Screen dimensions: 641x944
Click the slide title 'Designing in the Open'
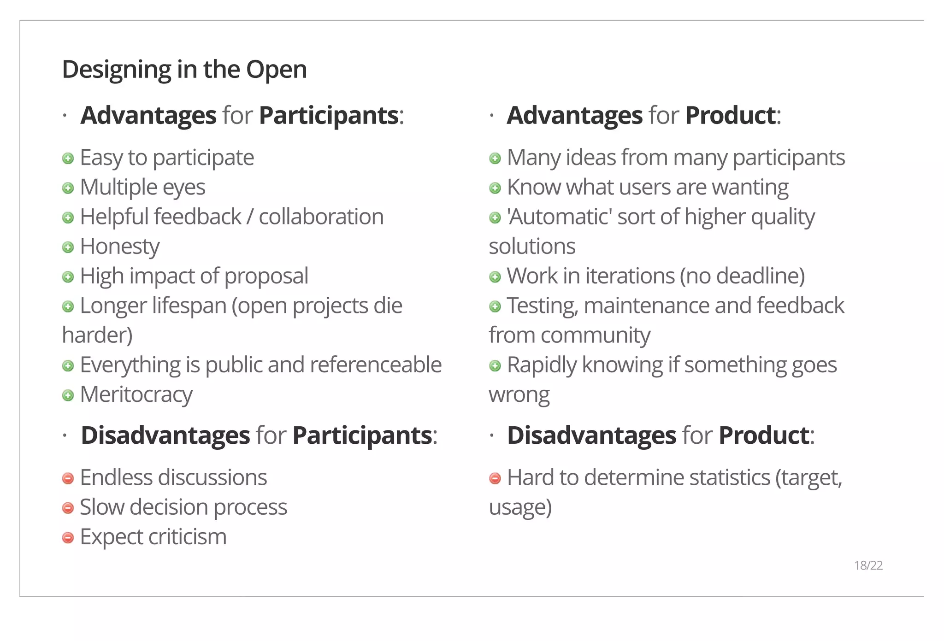pos(184,70)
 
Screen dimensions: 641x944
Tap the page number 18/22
pos(868,565)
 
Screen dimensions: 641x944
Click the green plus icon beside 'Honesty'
pos(68,247)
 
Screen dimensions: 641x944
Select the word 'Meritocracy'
pos(136,395)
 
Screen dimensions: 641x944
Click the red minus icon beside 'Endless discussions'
pos(68,479)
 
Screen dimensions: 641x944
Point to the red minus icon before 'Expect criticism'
pos(68,538)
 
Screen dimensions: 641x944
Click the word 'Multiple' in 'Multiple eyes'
pos(118,188)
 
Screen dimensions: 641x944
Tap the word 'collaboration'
pos(321,217)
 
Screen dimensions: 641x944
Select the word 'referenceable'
pos(376,365)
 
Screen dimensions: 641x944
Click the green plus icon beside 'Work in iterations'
pos(495,277)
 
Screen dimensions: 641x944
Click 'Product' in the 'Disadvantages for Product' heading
pos(764,435)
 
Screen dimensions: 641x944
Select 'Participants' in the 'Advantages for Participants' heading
pos(329,116)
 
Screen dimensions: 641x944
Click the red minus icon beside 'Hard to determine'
pos(495,479)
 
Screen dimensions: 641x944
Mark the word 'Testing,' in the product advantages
pos(542,306)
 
